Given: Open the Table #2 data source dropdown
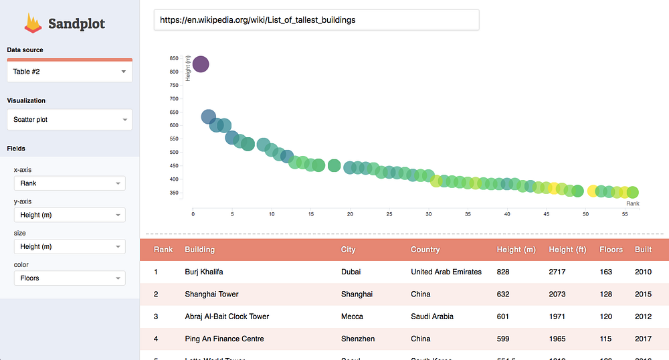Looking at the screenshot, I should [70, 72].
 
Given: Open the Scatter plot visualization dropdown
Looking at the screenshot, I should [70, 120].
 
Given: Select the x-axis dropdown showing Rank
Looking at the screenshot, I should [70, 183].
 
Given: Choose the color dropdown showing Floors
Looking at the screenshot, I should [70, 278].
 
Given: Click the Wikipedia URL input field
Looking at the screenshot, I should [316, 20].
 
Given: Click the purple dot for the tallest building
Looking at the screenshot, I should [201, 64].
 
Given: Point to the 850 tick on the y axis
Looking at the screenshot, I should [174, 58].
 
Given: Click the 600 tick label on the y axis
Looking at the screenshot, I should [174, 126].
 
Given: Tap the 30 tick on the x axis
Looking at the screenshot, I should [429, 214].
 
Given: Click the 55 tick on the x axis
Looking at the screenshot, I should [625, 214].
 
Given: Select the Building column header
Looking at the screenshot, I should [200, 250].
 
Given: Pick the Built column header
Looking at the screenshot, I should [643, 250].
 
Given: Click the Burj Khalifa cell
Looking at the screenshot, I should [204, 272].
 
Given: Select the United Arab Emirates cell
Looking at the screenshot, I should [446, 272].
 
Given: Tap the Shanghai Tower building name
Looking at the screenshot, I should [211, 294].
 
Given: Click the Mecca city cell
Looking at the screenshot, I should [352, 317].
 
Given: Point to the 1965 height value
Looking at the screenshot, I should [557, 339].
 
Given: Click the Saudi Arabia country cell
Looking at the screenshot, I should [432, 317].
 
